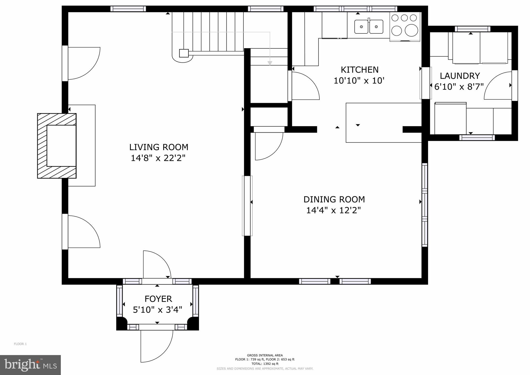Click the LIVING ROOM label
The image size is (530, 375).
[x=159, y=147]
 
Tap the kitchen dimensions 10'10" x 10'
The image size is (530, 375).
[x=359, y=81]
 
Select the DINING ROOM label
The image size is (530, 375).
[x=334, y=199]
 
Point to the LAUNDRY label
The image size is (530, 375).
[x=460, y=76]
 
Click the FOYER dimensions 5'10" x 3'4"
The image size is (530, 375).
[x=158, y=310]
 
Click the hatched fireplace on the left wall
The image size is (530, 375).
[x=57, y=146]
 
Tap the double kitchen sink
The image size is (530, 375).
[x=369, y=26]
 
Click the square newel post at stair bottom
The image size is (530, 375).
[x=184, y=53]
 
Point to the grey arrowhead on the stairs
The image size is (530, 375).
[x=270, y=63]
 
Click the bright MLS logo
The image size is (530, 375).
[x=31, y=365]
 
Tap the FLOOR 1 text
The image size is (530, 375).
[x=20, y=344]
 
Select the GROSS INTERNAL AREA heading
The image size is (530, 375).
[x=265, y=355]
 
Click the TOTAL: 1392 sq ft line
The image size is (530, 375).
[x=265, y=364]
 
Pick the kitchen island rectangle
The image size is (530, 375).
[x=384, y=122]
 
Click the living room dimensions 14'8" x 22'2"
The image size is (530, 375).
[x=158, y=158]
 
